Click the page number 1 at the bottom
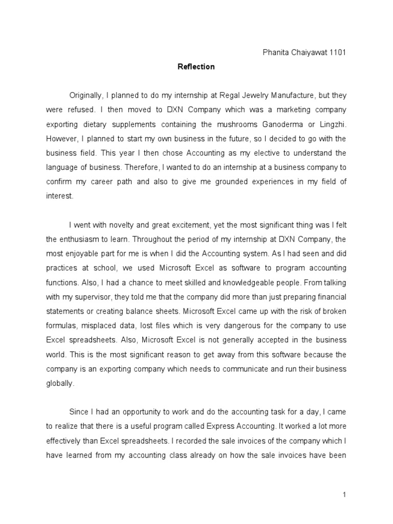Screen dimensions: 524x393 (345, 495)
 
